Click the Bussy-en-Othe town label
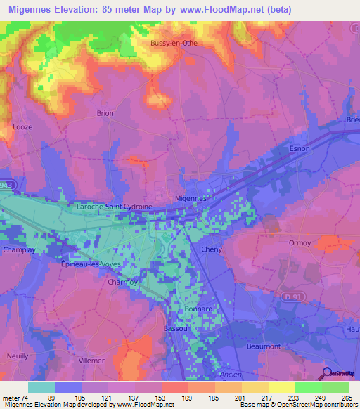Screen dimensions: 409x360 click(x=174, y=43)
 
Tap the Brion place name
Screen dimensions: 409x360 click(x=105, y=112)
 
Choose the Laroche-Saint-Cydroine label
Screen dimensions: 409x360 click(x=114, y=207)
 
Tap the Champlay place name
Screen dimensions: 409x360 click(x=20, y=249)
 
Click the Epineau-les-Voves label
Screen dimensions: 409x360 click(x=91, y=264)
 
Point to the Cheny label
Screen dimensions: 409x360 click(x=212, y=249)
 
